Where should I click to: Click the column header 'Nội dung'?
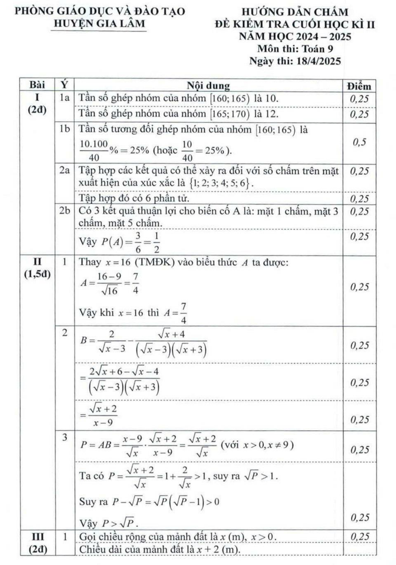208,86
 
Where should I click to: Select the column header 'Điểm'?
359,86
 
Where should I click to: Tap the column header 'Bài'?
37,85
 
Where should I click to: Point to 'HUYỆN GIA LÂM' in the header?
99,24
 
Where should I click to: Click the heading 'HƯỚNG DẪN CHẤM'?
295,12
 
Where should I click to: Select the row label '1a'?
64,98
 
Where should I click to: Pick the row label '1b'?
64,129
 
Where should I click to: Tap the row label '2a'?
64,170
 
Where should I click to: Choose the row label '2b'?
64,211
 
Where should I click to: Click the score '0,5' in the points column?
359,142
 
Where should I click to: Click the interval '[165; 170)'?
229,114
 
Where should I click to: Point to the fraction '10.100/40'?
94,150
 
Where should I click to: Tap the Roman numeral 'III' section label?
37,537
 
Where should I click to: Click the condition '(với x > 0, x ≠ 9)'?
257,445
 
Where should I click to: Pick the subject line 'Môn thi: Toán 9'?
295,49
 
